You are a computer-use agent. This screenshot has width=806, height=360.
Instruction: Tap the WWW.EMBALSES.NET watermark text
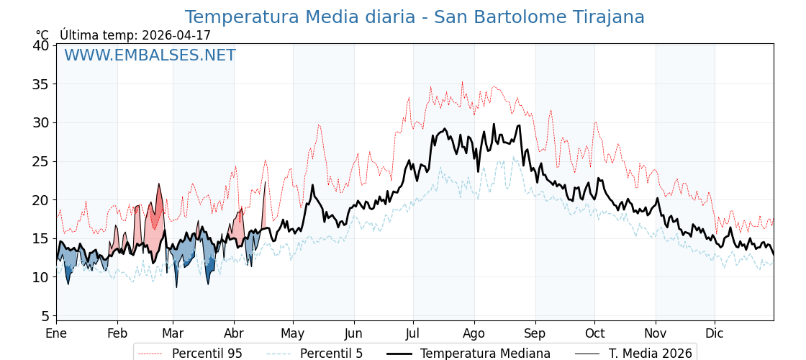[150, 55]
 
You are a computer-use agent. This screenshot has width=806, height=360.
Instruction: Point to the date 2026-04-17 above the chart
[176, 35]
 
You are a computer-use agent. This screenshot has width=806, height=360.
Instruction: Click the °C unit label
[42, 35]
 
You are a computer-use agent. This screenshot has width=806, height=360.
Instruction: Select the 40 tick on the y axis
[41, 45]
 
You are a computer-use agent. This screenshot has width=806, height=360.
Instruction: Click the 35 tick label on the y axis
[41, 84]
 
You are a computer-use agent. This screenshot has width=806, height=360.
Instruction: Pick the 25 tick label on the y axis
[41, 161]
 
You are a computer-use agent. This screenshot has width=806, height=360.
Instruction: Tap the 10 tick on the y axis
[41, 277]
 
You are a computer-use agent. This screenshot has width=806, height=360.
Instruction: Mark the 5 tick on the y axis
[45, 316]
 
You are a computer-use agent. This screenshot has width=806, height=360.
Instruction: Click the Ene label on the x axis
[56, 333]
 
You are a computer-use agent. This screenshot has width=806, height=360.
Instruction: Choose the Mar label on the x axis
[173, 333]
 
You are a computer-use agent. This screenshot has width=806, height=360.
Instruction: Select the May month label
[293, 333]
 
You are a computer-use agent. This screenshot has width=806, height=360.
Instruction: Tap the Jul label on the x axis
[413, 333]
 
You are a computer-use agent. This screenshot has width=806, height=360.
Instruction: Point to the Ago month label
[474, 333]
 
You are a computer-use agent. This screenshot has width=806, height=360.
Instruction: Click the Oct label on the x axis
[594, 333]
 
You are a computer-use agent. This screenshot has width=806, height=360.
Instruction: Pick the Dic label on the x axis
[715, 333]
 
